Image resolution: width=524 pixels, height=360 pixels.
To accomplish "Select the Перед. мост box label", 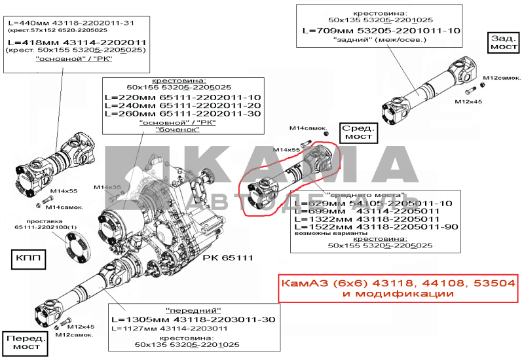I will tap(26, 344).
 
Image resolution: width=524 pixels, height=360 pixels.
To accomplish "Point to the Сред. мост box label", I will tap(359, 132).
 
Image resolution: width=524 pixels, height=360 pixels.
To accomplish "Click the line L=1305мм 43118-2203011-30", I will tap(193, 319).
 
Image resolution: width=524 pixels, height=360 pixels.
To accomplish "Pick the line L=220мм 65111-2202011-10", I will tap(182, 97).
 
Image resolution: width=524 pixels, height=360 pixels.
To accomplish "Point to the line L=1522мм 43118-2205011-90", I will tap(367, 226).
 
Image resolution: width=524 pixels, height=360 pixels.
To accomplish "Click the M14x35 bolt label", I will tap(107, 187).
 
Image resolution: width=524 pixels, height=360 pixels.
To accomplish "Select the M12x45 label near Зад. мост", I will tap(468, 101).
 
